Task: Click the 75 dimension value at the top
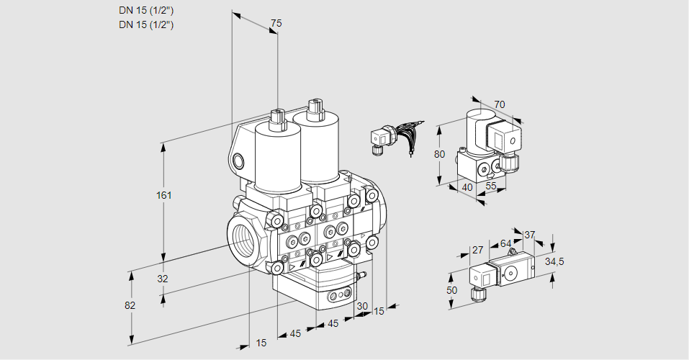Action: coord(276,24)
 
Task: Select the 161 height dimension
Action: coord(165,195)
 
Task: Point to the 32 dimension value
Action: coord(163,279)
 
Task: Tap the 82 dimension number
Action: coord(130,305)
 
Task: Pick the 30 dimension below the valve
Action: coord(362,306)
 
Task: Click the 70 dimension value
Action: coord(500,104)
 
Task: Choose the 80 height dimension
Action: coord(441,153)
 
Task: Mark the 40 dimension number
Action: coord(467,187)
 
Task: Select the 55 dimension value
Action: coord(491,186)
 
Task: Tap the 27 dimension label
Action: coord(477,251)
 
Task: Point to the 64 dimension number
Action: coord(506,244)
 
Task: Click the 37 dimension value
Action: coord(530,235)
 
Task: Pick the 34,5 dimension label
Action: coord(554,261)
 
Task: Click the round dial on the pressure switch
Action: coord(512,274)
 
